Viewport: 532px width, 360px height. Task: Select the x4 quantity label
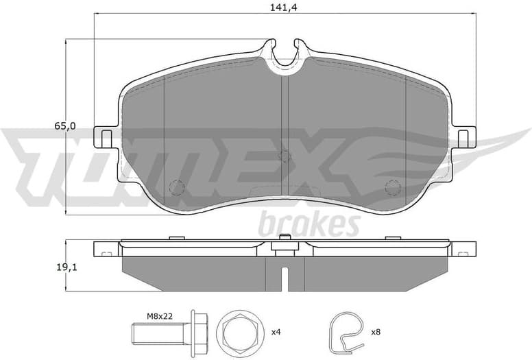click(x=276, y=333)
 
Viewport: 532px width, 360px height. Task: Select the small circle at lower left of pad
click(x=177, y=187)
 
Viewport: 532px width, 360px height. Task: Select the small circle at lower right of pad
click(x=393, y=187)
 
